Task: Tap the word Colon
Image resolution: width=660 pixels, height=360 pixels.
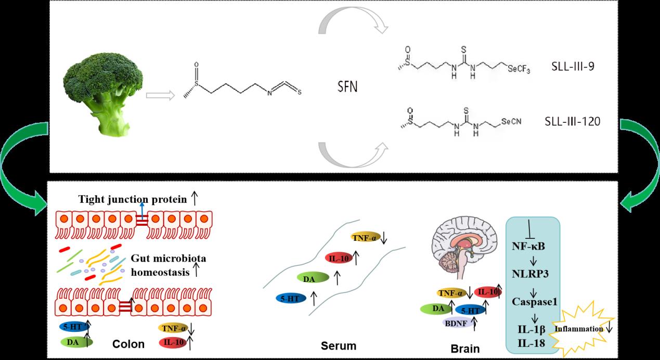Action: click(x=128, y=344)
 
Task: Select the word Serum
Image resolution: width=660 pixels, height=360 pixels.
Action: click(x=339, y=345)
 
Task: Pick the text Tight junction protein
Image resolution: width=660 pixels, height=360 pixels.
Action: click(x=133, y=199)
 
